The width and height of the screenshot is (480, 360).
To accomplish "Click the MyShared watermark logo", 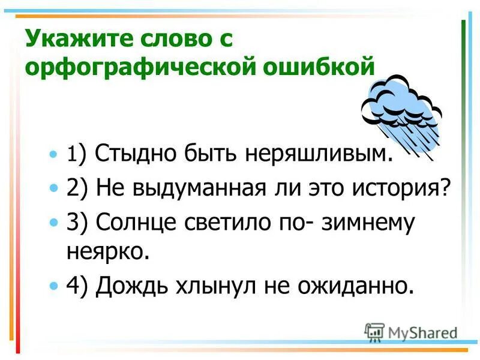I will click(x=412, y=332).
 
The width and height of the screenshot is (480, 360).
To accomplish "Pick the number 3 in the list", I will click(x=71, y=223).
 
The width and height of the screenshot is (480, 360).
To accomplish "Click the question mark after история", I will click(x=445, y=189).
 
